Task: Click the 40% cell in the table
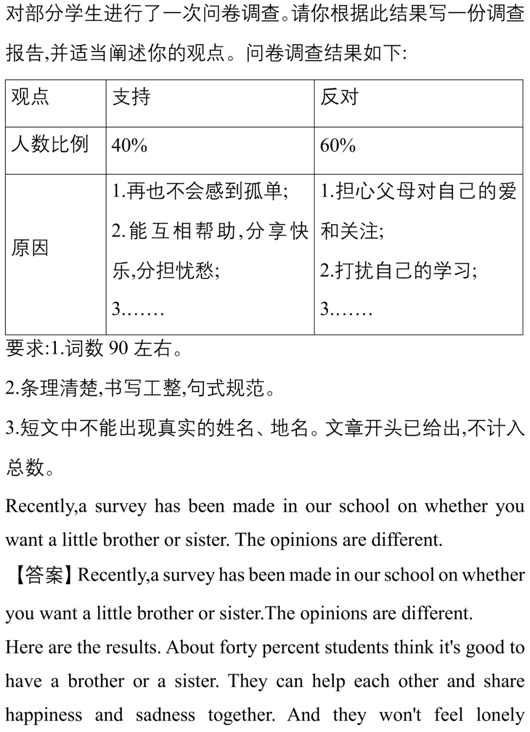pyautogui.click(x=130, y=146)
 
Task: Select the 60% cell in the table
pyautogui.click(x=338, y=146)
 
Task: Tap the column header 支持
pyautogui.click(x=132, y=97)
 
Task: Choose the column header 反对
pyautogui.click(x=340, y=97)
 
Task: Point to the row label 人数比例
pyautogui.click(x=50, y=145)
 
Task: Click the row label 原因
pyautogui.click(x=30, y=248)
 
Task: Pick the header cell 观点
pyautogui.click(x=30, y=97)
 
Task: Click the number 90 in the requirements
pyautogui.click(x=118, y=348)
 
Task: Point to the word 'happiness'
pyautogui.click(x=44, y=715)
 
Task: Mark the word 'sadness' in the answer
pyautogui.click(x=165, y=715)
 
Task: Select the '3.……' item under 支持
pyautogui.click(x=138, y=309)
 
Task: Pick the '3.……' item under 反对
pyautogui.click(x=346, y=309)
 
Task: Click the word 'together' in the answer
pyautogui.click(x=241, y=715)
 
